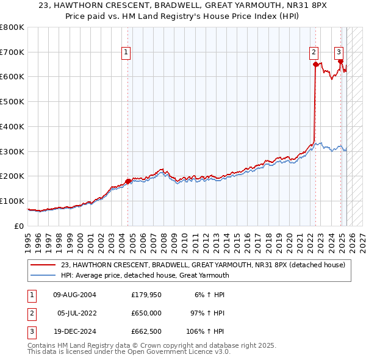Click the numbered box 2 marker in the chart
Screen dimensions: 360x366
coord(313,53)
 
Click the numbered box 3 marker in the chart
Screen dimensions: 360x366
coord(339,52)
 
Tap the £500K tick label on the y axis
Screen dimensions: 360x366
coord(12,101)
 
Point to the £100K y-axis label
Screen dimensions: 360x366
coord(12,201)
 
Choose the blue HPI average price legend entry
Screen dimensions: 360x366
coord(145,275)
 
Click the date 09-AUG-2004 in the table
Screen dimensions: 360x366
coord(74,295)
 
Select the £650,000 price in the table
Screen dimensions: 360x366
coord(146,314)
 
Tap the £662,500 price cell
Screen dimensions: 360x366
coord(146,333)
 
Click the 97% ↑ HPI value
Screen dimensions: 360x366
coord(207,314)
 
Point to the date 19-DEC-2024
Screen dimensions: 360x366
coord(74,333)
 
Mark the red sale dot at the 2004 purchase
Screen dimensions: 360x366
coord(128,181)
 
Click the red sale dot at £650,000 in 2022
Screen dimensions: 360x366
coord(315,64)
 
